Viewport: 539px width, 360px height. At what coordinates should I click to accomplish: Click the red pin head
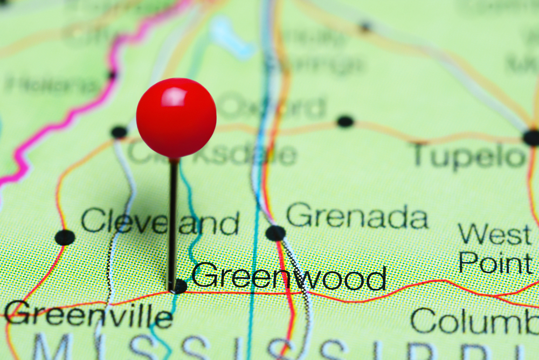click(x=176, y=118)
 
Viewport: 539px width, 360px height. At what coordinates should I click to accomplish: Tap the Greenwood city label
click(x=289, y=277)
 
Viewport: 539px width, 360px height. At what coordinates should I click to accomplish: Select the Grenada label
click(x=357, y=217)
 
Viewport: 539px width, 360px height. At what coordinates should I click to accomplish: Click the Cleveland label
click(x=160, y=222)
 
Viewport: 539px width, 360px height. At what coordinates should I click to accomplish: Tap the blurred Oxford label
click(x=273, y=107)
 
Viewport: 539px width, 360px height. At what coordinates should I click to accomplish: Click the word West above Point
click(x=495, y=235)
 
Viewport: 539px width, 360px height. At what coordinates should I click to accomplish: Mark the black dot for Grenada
click(x=275, y=233)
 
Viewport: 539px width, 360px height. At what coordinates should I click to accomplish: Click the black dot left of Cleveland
click(x=65, y=237)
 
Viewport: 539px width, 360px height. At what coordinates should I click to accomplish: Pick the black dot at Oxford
click(x=345, y=121)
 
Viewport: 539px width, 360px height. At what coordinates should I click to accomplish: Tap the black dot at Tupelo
click(x=531, y=137)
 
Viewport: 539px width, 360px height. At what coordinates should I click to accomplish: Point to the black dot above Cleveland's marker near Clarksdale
click(x=119, y=132)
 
